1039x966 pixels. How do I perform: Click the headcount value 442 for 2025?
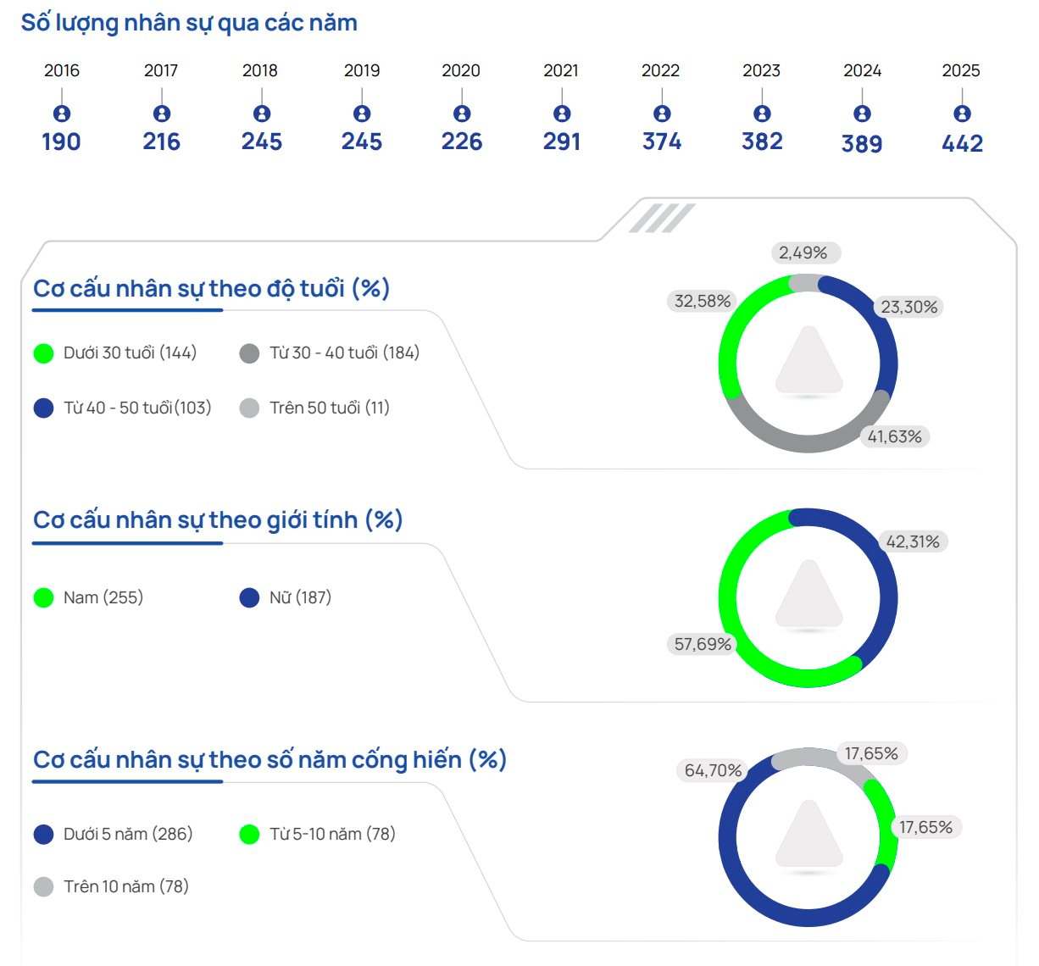962,144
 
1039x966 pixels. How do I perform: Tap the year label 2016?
62,70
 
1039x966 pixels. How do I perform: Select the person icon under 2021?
562,114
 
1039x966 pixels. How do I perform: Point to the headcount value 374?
662,142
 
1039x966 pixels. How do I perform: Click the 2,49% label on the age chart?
803,253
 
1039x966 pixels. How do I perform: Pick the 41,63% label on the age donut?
895,436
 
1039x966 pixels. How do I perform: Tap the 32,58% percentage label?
703,301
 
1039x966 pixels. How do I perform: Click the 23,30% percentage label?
909,307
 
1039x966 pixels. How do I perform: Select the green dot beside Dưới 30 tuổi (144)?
44,353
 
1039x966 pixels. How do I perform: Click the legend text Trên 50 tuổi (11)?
330,408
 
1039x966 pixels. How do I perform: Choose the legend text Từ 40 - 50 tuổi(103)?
137,408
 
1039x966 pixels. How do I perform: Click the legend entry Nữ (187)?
300,597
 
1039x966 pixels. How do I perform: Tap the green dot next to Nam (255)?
44,598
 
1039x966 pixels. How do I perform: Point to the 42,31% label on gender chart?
913,541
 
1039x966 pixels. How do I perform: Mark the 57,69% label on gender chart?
703,644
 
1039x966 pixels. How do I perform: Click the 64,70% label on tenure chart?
714,770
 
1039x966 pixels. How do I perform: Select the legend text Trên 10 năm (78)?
126,886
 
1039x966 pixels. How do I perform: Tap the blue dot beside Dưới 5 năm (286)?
44,835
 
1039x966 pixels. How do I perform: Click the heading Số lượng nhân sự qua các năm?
189,23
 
